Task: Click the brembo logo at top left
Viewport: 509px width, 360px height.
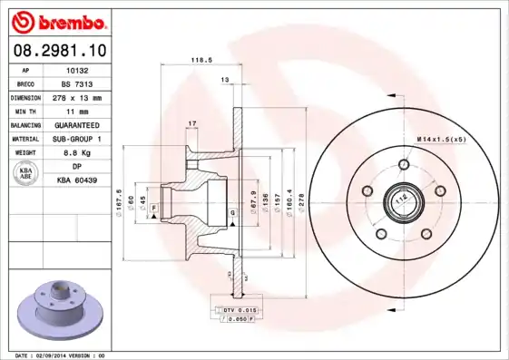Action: click(57, 20)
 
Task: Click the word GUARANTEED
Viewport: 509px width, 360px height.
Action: click(76, 124)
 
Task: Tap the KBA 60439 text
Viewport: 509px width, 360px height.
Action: click(76, 180)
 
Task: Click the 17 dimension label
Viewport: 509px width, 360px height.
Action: click(191, 122)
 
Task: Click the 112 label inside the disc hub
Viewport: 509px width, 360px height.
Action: click(398, 197)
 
